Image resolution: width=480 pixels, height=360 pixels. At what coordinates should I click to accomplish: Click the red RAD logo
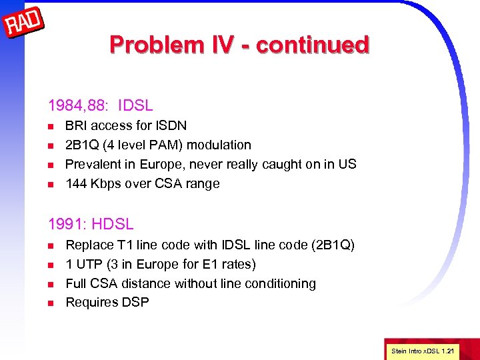pyautogui.click(x=24, y=24)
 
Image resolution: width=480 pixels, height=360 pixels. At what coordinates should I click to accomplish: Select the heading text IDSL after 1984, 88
pyautogui.click(x=135, y=105)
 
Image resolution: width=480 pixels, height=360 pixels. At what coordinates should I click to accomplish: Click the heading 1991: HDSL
pyautogui.click(x=91, y=225)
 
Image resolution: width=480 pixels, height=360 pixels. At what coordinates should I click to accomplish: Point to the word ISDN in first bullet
pyautogui.click(x=170, y=125)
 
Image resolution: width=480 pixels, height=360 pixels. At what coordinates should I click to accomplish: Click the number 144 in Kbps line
pyautogui.click(x=76, y=183)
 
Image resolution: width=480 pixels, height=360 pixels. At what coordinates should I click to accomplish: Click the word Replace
pyautogui.click(x=89, y=245)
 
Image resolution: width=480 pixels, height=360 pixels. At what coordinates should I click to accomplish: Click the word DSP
pyautogui.click(x=135, y=303)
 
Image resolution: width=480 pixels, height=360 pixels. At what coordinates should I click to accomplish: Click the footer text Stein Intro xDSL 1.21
pyautogui.click(x=423, y=350)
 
